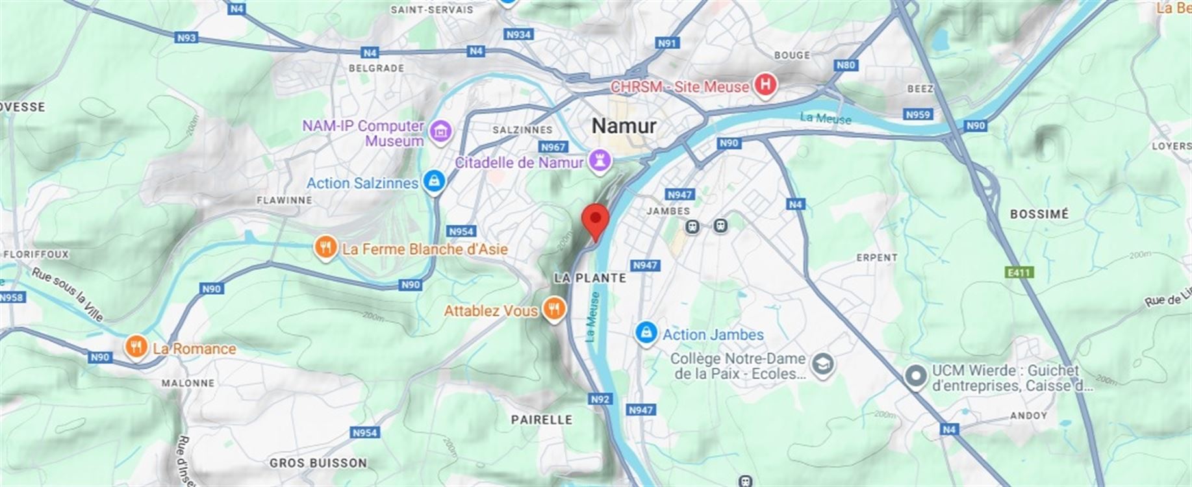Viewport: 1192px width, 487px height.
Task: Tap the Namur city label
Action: pos(624,125)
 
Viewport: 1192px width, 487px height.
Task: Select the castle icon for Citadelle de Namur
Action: pos(599,162)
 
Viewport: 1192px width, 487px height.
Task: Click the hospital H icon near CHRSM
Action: pos(766,85)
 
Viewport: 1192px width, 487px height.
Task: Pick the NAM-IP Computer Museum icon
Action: pos(441,130)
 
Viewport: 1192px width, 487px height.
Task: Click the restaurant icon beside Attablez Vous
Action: pos(553,310)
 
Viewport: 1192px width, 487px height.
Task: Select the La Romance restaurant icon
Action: pos(136,348)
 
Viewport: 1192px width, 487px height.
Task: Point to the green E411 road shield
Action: pos(1019,272)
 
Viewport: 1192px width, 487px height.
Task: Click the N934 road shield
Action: pos(518,34)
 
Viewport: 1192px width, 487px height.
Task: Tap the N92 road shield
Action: pos(600,399)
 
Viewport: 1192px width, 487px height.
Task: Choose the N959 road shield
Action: pos(918,114)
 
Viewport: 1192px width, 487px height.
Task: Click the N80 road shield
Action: pos(846,65)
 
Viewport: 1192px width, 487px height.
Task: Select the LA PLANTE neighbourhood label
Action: pos(590,278)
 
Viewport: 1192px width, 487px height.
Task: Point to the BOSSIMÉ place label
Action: pos(1039,214)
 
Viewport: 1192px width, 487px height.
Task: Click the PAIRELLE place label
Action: pos(542,419)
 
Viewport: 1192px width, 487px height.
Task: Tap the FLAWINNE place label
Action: pos(285,200)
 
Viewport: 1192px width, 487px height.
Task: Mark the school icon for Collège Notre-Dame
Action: pos(824,364)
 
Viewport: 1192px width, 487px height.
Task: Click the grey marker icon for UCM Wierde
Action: pos(916,377)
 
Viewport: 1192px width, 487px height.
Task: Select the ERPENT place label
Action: pos(877,258)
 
